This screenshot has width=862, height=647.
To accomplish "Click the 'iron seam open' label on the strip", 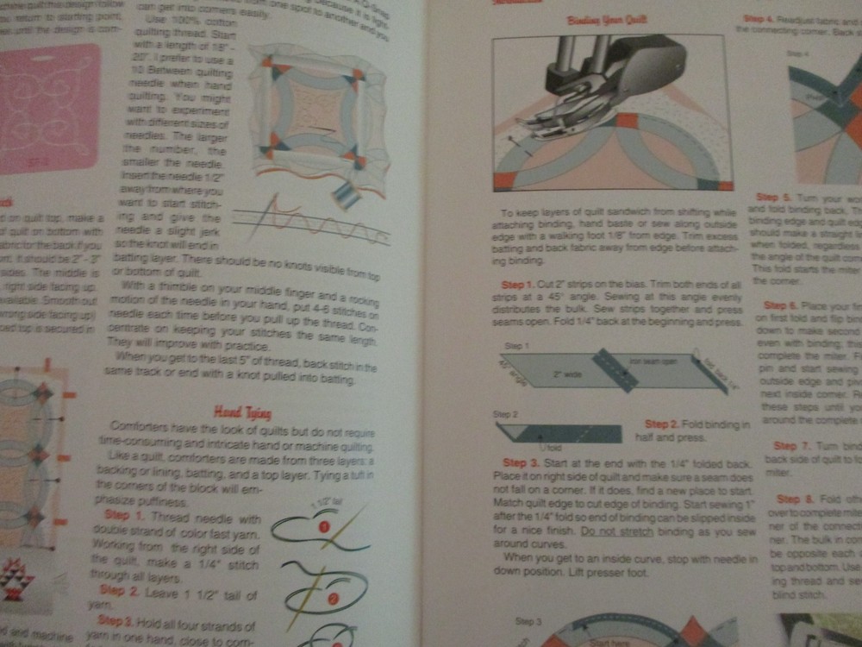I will (x=646, y=361).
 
